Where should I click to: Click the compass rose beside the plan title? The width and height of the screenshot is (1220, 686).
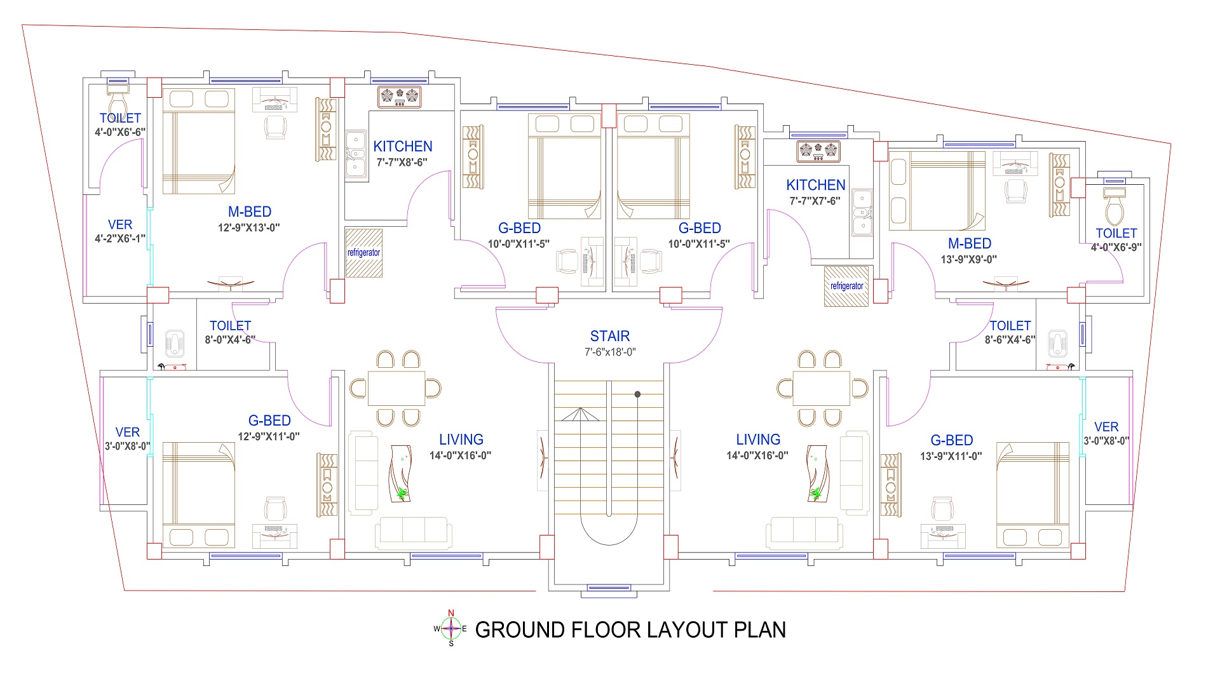(x=451, y=629)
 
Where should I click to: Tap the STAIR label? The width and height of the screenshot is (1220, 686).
(x=610, y=336)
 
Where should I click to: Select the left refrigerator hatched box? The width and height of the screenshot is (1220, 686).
(x=363, y=253)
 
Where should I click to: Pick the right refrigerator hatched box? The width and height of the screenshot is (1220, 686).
(x=846, y=286)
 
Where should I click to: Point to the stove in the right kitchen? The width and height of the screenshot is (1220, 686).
(x=818, y=151)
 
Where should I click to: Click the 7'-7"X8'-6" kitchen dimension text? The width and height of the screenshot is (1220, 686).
(x=402, y=163)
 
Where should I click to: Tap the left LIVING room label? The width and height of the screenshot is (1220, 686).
(x=461, y=440)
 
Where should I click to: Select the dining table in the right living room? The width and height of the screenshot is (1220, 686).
(x=822, y=388)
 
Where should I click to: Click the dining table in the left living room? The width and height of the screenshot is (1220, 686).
(x=396, y=388)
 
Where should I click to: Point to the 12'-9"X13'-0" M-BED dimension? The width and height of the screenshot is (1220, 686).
(x=249, y=228)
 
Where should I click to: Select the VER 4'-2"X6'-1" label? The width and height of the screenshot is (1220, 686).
(x=120, y=231)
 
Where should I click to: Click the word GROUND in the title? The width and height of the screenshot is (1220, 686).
(x=520, y=630)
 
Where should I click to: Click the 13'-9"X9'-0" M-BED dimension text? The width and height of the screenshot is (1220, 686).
(x=969, y=260)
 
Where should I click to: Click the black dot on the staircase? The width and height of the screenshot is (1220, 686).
(x=637, y=394)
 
